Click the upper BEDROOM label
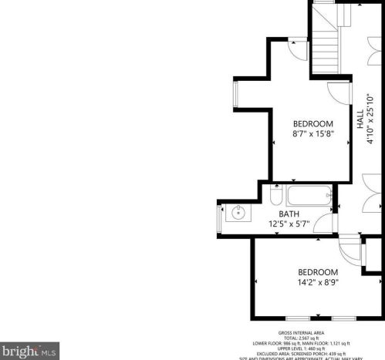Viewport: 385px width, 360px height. [x=313, y=124]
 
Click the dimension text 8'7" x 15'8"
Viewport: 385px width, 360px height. [x=313, y=134]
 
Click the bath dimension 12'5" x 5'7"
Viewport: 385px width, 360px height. [x=289, y=224]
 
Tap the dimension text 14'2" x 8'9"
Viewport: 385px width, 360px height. [x=319, y=282]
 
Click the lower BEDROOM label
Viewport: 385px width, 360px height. [x=319, y=272]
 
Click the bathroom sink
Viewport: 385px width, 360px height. [x=238, y=213]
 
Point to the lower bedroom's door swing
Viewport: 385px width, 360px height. [x=350, y=251]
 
